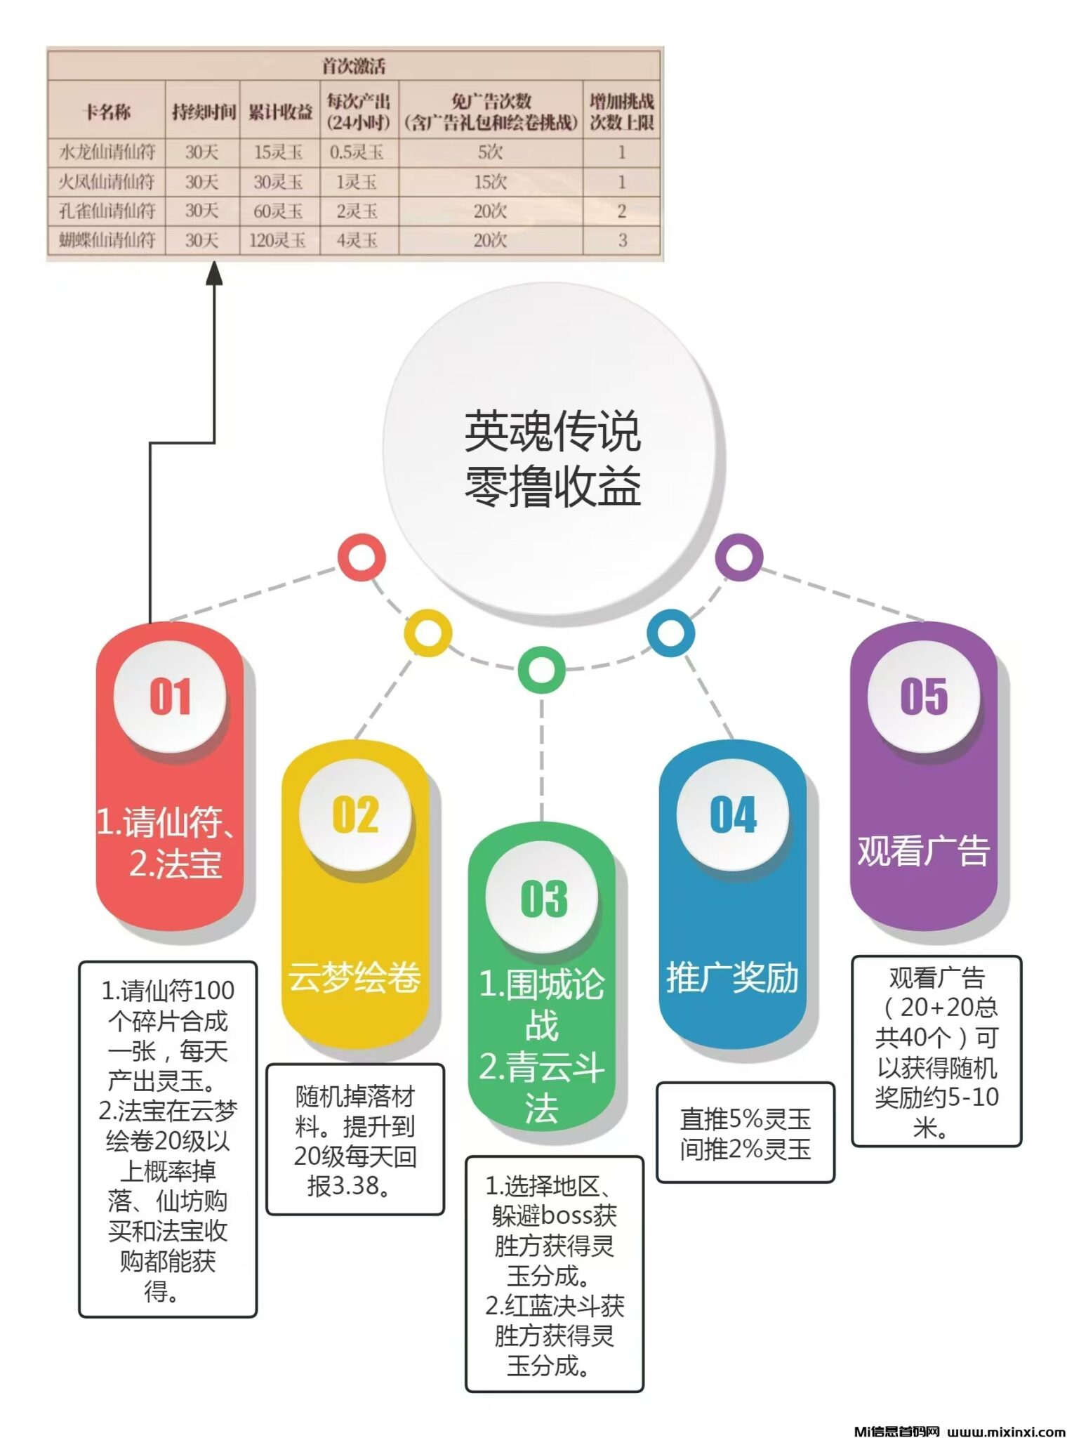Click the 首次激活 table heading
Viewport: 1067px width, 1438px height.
(354, 66)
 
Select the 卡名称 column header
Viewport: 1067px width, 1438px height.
(107, 112)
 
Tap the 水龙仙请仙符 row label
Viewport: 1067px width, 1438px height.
(107, 152)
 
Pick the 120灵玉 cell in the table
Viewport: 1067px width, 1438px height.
(278, 240)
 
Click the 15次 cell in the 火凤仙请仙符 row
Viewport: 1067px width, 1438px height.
(490, 182)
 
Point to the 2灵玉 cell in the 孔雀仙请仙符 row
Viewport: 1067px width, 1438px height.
(357, 211)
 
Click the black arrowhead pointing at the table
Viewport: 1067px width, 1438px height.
(214, 273)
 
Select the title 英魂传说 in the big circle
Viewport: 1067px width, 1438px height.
(552, 431)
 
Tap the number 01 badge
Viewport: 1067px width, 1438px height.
(170, 697)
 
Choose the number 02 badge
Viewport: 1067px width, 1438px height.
(355, 814)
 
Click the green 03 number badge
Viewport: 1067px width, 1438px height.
(543, 898)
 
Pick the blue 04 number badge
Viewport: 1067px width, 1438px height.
(733, 814)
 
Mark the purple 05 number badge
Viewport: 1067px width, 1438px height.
(924, 697)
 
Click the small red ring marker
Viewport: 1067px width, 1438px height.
(362, 557)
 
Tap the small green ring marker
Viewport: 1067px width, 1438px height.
(541, 669)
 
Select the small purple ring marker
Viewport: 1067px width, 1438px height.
(738, 557)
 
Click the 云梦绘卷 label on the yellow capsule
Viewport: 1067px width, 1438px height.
(354, 977)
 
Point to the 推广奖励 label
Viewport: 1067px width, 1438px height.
(732, 977)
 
